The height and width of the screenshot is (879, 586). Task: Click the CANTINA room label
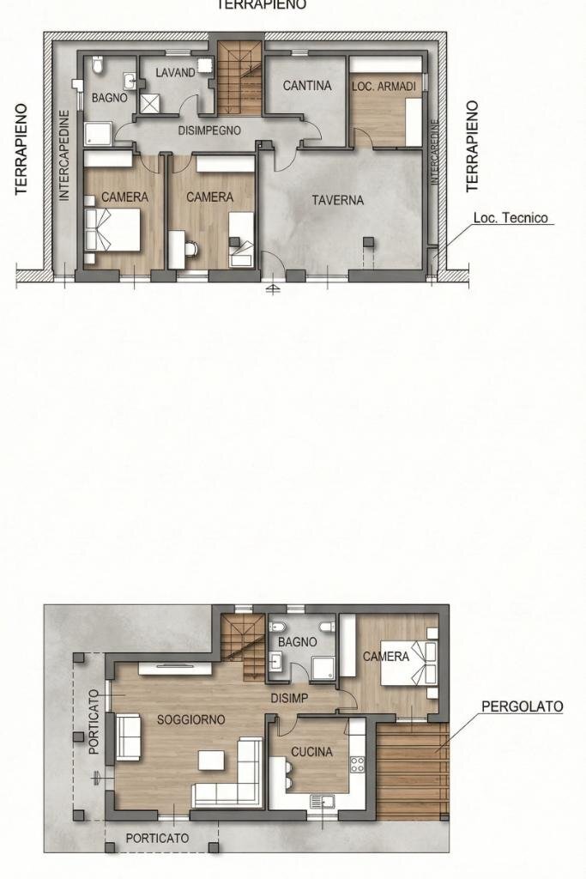(x=307, y=86)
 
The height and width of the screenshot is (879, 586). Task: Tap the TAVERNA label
(x=337, y=200)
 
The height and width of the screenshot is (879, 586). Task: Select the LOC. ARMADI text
(x=384, y=87)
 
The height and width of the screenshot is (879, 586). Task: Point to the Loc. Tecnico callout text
(x=510, y=218)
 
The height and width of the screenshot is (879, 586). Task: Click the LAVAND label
(x=175, y=73)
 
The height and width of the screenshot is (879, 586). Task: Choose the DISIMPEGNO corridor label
(x=209, y=130)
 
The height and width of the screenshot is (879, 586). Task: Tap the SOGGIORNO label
(x=191, y=719)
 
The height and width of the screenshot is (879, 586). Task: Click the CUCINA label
(x=311, y=752)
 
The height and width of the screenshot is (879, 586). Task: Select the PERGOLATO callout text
(x=522, y=706)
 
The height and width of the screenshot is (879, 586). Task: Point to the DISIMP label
(x=289, y=698)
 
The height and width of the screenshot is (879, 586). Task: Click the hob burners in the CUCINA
(x=357, y=763)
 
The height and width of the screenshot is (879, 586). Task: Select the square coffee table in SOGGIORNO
(x=211, y=761)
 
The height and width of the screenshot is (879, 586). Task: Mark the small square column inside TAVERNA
(x=368, y=241)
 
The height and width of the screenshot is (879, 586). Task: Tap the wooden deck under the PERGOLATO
(x=412, y=768)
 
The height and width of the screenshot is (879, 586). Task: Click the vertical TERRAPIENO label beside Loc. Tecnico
(x=472, y=146)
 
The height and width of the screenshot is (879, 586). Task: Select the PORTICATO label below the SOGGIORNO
(x=157, y=837)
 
